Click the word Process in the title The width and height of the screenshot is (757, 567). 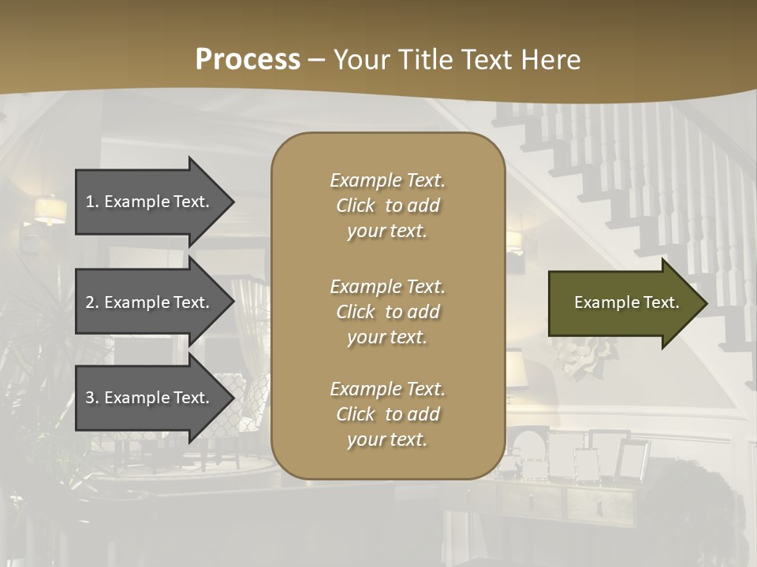[248, 60]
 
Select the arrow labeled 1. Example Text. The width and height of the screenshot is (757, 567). [150, 202]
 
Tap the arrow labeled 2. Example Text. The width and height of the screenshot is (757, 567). [150, 302]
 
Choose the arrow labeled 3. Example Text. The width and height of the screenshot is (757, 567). [150, 398]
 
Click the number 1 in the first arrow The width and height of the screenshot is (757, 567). [91, 202]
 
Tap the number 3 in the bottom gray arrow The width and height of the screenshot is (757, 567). [91, 398]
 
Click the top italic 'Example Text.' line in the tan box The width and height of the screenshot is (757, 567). [387, 180]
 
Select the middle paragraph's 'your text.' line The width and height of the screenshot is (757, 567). [387, 337]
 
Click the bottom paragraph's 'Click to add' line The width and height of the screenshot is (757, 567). [387, 414]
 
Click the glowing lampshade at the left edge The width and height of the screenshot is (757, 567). [50, 210]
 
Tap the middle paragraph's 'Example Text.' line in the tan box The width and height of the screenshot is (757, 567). [387, 287]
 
